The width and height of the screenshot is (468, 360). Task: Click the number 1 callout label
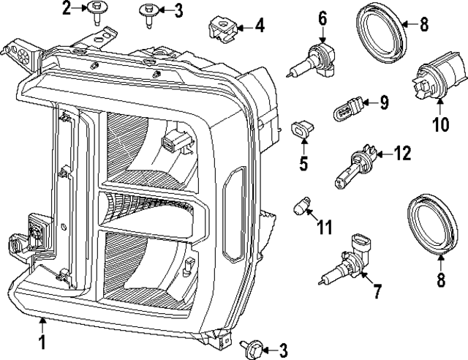pyautogui.click(x=42, y=341)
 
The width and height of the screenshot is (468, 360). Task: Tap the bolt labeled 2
pyautogui.click(x=96, y=12)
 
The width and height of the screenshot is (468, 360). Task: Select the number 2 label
pyautogui.click(x=67, y=9)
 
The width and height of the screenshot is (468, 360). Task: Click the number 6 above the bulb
pyautogui.click(x=322, y=15)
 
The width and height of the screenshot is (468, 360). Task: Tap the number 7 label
pyautogui.click(x=378, y=291)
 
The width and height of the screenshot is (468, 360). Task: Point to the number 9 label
pyautogui.click(x=384, y=102)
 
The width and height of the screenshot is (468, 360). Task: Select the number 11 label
pyautogui.click(x=324, y=227)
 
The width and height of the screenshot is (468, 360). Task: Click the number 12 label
pyautogui.click(x=402, y=154)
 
